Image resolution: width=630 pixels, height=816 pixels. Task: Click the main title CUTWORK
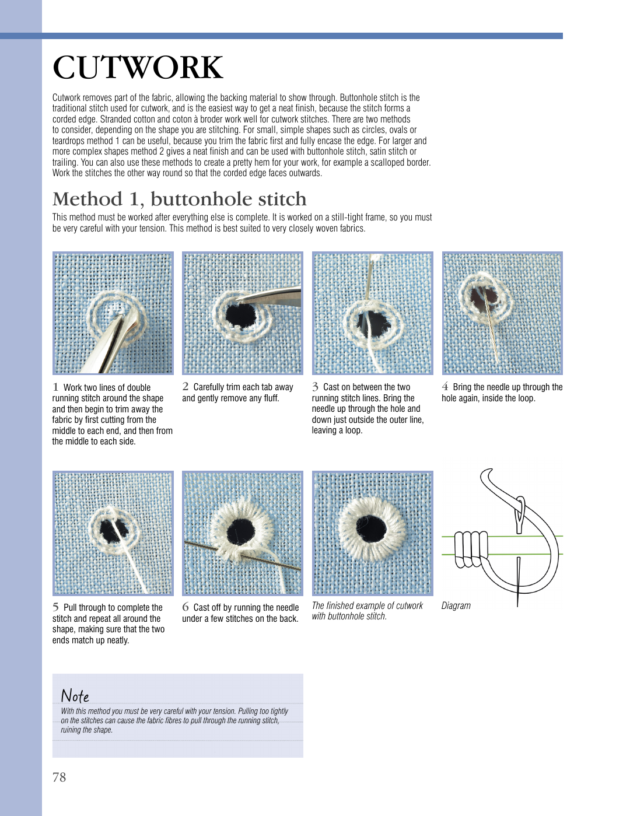(x=138, y=68)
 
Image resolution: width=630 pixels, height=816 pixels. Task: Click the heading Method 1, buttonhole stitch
(x=179, y=199)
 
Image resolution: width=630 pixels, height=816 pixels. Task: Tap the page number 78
(x=59, y=777)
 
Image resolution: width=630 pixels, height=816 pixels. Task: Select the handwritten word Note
(x=75, y=695)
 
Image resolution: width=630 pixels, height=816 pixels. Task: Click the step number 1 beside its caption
(x=55, y=387)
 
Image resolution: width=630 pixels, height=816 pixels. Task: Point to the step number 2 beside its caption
(x=185, y=386)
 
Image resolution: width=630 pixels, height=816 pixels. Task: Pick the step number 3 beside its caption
(x=315, y=387)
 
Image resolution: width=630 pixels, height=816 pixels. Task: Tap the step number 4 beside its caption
(x=445, y=386)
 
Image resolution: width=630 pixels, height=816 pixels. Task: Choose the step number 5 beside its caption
(x=55, y=607)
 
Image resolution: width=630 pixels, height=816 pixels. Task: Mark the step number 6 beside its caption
(x=185, y=607)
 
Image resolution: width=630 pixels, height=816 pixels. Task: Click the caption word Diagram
(x=456, y=605)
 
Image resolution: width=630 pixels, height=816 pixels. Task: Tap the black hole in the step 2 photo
(x=241, y=316)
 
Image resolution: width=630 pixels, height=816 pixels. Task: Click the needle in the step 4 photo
(x=491, y=327)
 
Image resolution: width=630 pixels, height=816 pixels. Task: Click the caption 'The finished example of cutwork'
(x=367, y=605)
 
